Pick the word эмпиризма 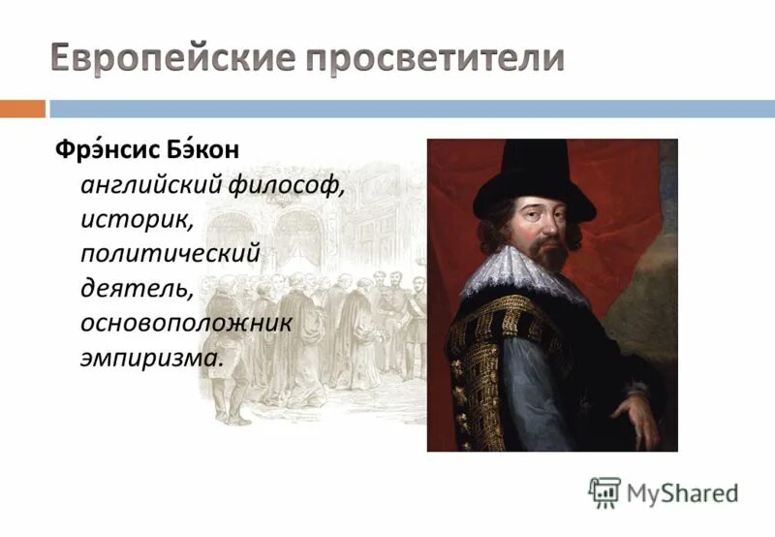pos(151,357)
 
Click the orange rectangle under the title pos(21,109)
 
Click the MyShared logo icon pos(604,492)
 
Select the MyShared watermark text pos(682,493)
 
